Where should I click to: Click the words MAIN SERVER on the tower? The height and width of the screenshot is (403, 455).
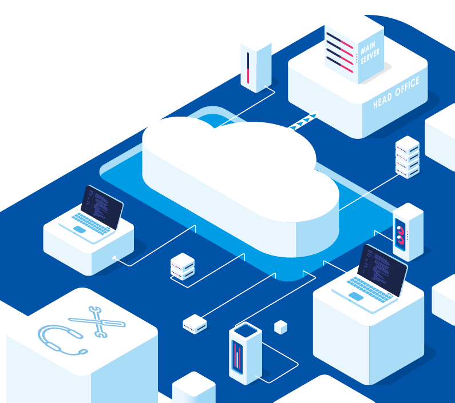[x=370, y=53]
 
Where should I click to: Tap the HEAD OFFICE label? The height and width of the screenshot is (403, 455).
[x=396, y=93]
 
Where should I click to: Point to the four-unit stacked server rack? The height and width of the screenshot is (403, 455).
[x=407, y=157]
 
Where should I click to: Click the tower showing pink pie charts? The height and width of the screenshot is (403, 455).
[x=408, y=232]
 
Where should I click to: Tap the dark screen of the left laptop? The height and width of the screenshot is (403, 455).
[x=102, y=208]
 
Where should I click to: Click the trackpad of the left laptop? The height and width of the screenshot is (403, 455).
[x=80, y=230]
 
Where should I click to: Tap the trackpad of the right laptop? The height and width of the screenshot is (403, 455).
[x=356, y=296]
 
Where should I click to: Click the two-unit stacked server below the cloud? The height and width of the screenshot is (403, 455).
[x=183, y=266]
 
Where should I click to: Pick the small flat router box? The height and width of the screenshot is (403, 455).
[x=195, y=324]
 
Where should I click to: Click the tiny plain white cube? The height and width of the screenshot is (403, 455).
[x=280, y=327]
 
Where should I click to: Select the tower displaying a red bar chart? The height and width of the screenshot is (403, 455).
[x=246, y=353]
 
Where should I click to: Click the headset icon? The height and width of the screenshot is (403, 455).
[x=61, y=340]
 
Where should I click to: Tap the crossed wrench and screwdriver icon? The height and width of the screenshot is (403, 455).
[x=97, y=322]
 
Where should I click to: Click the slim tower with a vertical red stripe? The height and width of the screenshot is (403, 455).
[x=256, y=68]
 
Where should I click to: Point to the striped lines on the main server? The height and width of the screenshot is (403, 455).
[x=340, y=52]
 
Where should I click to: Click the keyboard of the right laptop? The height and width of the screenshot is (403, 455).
[x=371, y=289]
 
